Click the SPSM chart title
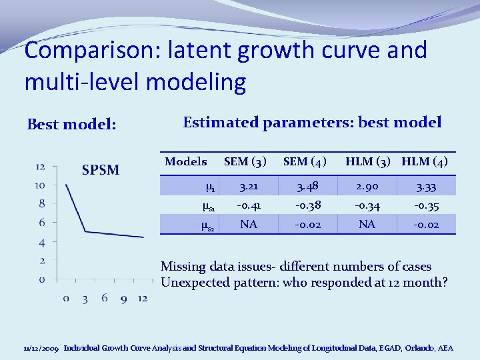click(101, 170)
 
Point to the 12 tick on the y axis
click(41, 167)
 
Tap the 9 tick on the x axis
click(123, 298)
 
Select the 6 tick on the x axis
click(105, 298)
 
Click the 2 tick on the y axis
click(42, 260)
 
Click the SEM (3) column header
click(245, 161)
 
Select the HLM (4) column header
click(425, 161)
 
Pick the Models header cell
click(185, 161)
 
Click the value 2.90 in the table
click(367, 187)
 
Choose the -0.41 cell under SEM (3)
click(248, 206)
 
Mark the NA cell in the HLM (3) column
click(367, 225)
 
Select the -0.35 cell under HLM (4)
click(425, 206)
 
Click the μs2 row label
click(207, 226)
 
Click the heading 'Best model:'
click(71, 125)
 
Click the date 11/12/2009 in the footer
click(41, 348)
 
